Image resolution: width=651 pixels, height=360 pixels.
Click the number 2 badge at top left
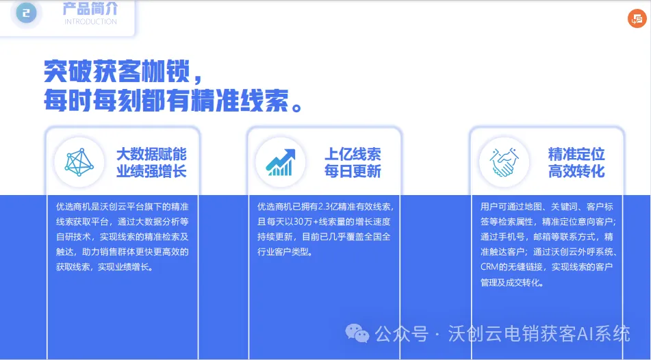(27, 12)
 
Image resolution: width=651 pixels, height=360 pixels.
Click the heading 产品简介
(90, 9)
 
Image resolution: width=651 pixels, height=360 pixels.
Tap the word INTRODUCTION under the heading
(90, 22)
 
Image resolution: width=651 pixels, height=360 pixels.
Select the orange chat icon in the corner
(637, 19)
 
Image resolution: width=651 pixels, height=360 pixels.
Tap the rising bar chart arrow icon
(281, 162)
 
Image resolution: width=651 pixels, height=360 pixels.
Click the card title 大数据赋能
(151, 153)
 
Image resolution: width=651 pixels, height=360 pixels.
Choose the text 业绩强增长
(151, 171)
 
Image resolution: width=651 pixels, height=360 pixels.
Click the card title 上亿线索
(353, 153)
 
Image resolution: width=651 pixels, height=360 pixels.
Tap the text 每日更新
(353, 171)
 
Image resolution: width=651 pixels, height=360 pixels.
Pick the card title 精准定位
(576, 153)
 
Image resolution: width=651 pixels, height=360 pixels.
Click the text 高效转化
(576, 171)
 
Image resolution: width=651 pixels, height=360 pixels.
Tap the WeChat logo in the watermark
(357, 333)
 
